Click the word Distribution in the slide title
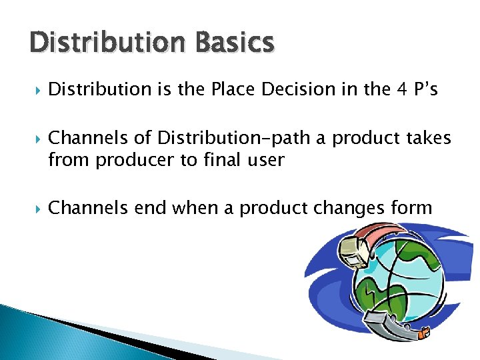click(x=103, y=43)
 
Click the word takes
click(x=428, y=138)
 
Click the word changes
click(x=347, y=209)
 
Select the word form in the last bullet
click(x=412, y=209)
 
